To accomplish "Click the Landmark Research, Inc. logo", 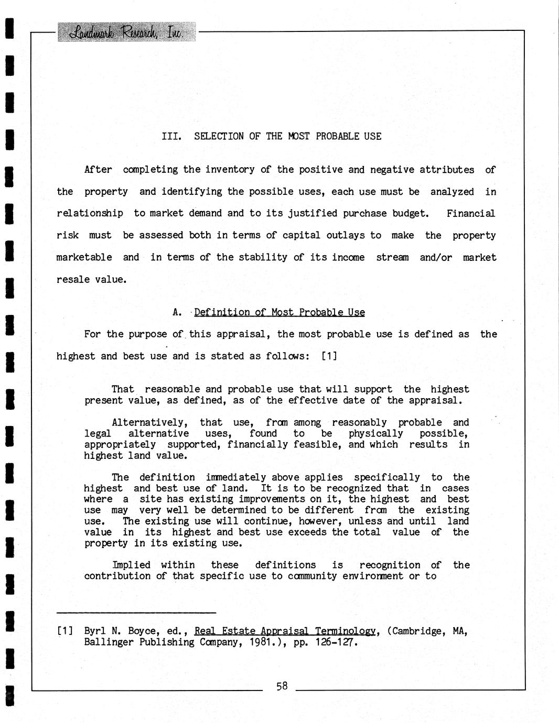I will tap(127, 32).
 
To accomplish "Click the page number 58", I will tap(282, 686).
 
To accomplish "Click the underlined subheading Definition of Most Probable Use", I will tap(279, 313).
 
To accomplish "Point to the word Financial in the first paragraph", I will tap(470, 213).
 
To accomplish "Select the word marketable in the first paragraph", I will tap(84, 257).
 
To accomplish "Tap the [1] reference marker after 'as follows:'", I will tap(329, 356).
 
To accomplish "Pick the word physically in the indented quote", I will tap(375, 433).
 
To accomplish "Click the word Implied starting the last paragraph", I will tap(131, 565).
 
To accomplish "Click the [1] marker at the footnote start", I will tap(65, 631).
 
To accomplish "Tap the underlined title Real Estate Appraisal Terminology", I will tap(285, 631).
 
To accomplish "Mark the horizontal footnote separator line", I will tap(136, 612).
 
